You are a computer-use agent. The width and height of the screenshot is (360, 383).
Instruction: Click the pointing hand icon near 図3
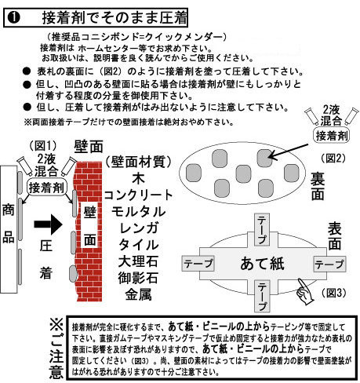coord(305,293)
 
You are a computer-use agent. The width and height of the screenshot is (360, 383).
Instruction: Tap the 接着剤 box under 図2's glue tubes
coord(329,135)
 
